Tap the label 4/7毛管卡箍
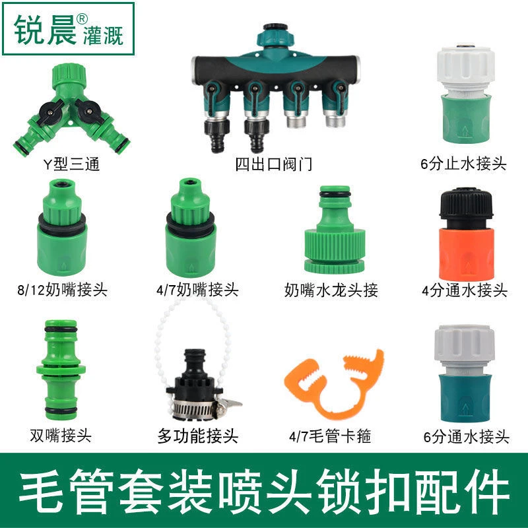coord(330,436)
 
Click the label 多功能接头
coord(198,436)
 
